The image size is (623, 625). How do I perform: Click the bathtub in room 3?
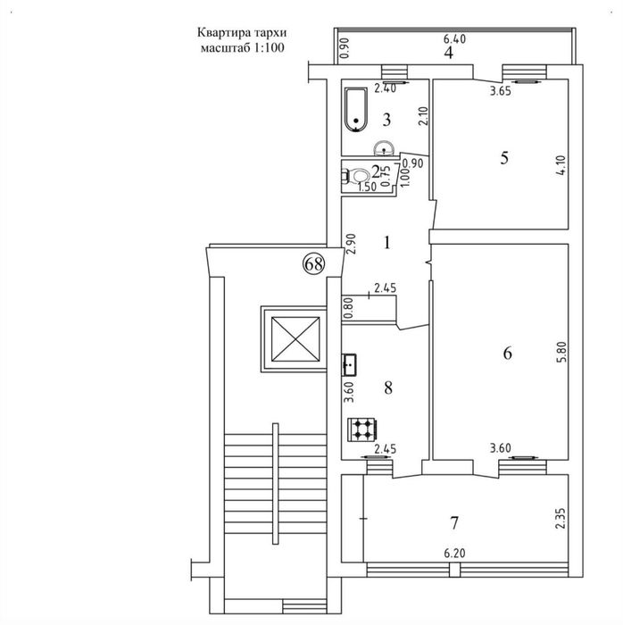tap(356, 110)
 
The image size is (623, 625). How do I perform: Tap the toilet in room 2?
tap(356, 176)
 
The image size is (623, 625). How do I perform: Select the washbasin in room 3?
tap(384, 148)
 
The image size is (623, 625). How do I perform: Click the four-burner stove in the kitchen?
tap(361, 429)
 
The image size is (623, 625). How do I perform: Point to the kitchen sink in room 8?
tap(349, 364)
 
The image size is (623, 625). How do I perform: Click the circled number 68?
tap(314, 264)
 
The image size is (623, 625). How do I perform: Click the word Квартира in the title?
tap(223, 33)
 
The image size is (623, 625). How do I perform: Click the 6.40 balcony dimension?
tap(454, 38)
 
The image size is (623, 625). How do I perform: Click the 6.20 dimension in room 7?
tap(454, 554)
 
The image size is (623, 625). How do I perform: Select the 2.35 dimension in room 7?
tap(560, 518)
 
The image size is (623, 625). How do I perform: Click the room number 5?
tap(504, 158)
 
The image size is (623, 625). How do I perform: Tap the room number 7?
tap(454, 522)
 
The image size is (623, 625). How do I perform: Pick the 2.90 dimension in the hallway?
tap(351, 244)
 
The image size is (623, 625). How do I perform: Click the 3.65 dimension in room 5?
tap(501, 91)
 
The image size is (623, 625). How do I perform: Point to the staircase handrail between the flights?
tap(275, 484)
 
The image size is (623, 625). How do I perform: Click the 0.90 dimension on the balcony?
tap(345, 48)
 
